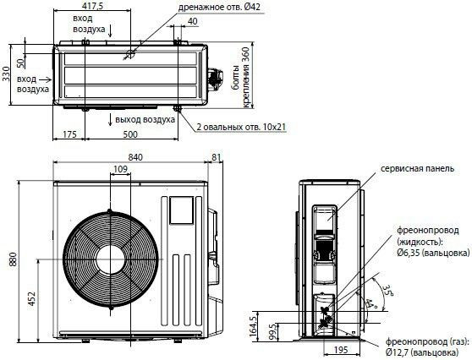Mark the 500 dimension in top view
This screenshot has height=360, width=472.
130,134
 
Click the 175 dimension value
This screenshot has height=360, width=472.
69,134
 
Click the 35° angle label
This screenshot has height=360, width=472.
387,290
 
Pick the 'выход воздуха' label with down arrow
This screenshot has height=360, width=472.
145,118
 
